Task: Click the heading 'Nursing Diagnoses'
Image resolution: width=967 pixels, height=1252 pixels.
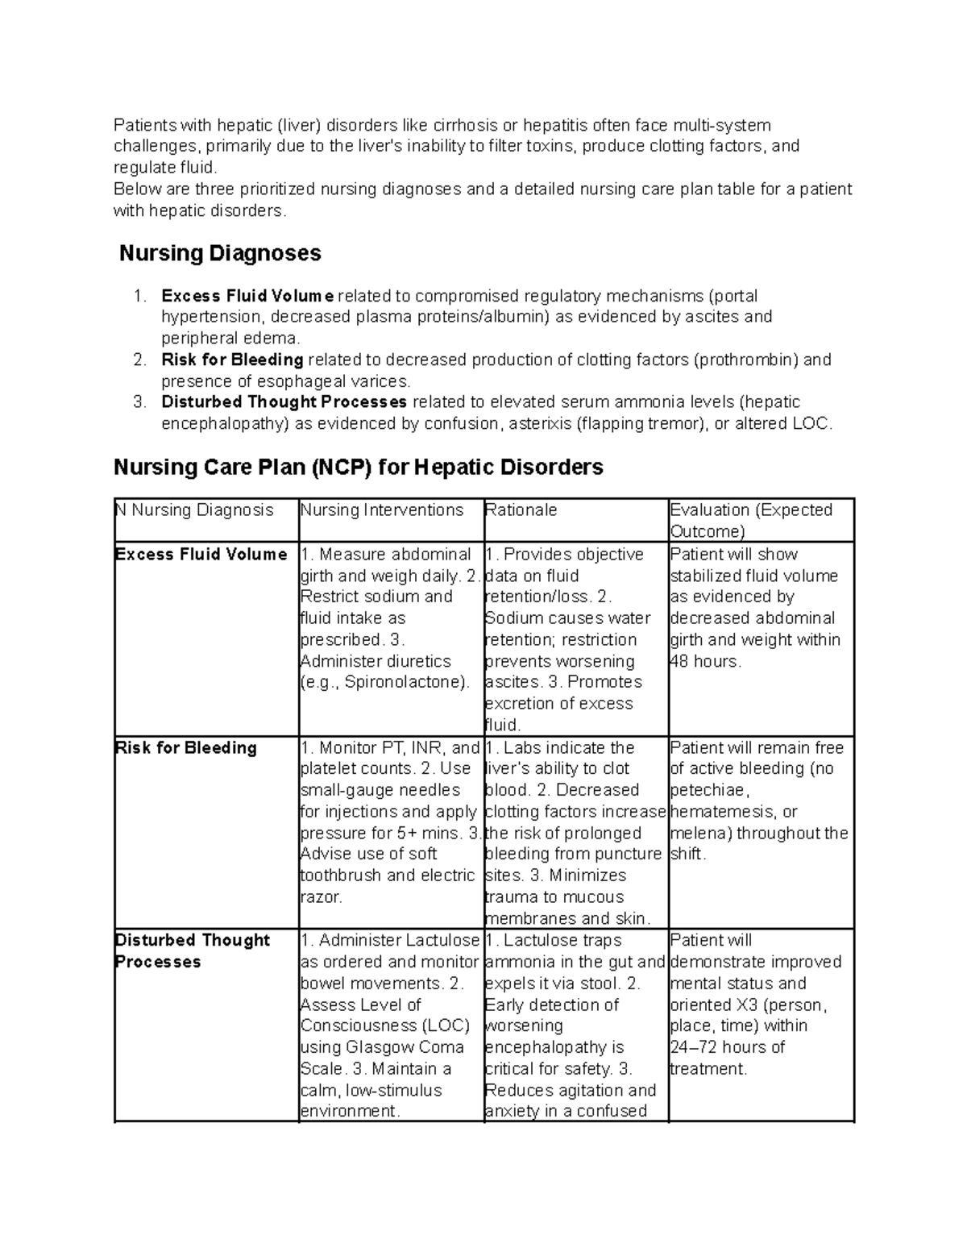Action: coord(220,253)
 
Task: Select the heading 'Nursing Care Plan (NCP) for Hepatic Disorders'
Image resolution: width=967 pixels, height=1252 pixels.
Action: coord(358,467)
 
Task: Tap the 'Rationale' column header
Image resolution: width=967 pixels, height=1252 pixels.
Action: coord(521,510)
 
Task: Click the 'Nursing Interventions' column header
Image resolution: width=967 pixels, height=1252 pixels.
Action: coord(382,510)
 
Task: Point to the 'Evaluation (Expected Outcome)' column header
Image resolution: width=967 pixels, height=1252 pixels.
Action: coord(750,520)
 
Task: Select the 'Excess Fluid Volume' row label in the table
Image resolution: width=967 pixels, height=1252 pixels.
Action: coord(201,555)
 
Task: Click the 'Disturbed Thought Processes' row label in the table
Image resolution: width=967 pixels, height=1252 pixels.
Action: coord(192,950)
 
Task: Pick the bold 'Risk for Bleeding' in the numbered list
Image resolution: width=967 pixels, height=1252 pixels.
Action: coord(232,360)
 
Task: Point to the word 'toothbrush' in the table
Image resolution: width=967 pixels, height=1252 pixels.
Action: coord(340,876)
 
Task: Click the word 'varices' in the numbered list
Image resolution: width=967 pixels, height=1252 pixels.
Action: coord(382,381)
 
